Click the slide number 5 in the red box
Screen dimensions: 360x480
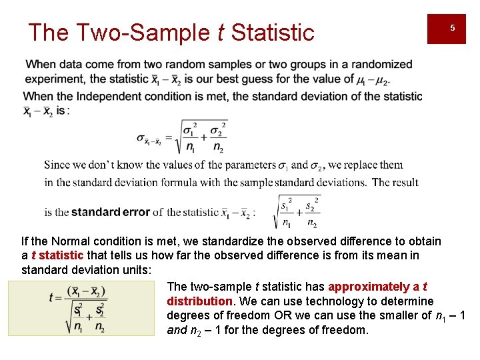click(x=452, y=28)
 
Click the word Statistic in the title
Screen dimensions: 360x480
click(x=273, y=32)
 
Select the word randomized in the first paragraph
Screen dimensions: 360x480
click(x=383, y=65)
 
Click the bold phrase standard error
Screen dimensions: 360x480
click(x=110, y=212)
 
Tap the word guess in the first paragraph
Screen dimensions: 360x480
click(x=259, y=79)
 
